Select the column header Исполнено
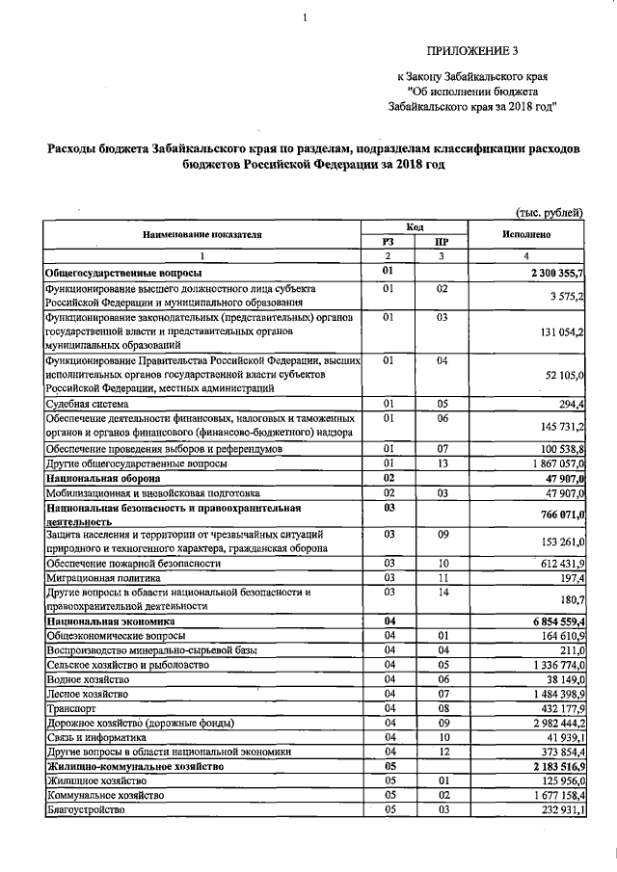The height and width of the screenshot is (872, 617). [x=526, y=234]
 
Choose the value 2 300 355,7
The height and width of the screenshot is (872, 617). [x=552, y=275]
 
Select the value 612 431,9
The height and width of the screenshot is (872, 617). [x=556, y=563]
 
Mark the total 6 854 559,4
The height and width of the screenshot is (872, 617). [x=552, y=621]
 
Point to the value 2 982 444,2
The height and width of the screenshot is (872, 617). [x=552, y=723]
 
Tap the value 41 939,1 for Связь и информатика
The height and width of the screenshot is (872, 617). [x=560, y=737]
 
